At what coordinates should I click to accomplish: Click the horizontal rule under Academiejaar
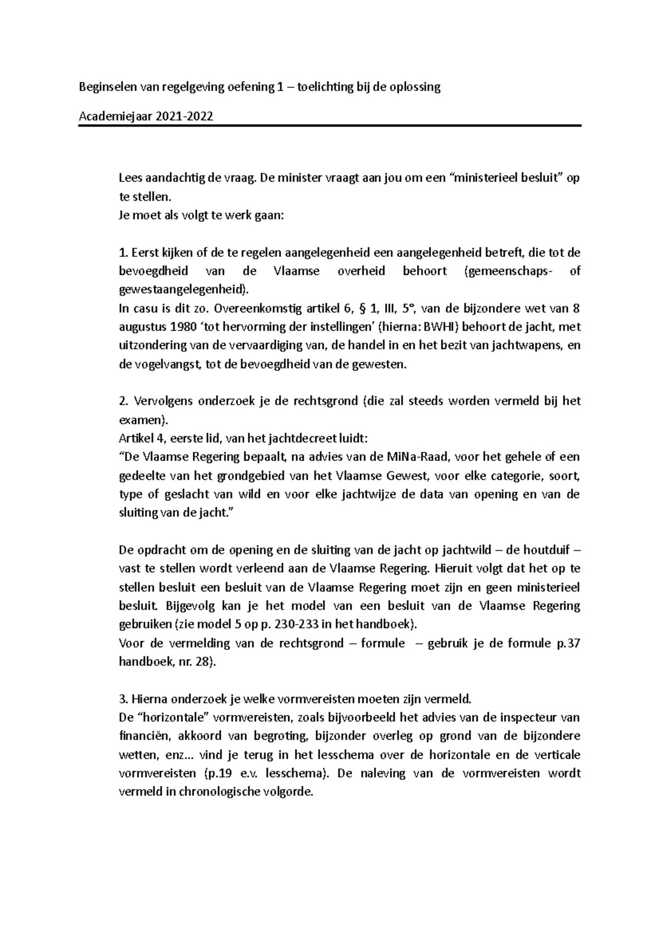pyautogui.click(x=329, y=126)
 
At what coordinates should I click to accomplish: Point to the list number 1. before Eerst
pyautogui.click(x=123, y=253)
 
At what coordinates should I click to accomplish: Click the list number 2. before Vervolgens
pyautogui.click(x=123, y=401)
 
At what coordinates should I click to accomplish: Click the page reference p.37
pyautogui.click(x=565, y=643)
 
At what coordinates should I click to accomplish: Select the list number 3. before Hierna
pyautogui.click(x=123, y=699)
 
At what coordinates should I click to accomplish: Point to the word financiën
pyautogui.click(x=142, y=736)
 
